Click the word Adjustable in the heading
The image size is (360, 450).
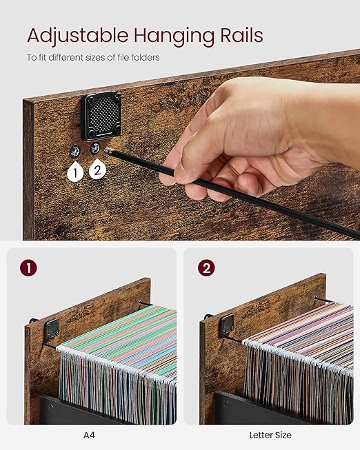77,36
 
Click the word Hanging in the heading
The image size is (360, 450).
174,37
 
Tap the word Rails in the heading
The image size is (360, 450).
241,35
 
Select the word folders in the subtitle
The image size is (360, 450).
145,57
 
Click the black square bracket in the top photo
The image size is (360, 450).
101,116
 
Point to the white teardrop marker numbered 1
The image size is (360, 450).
75,172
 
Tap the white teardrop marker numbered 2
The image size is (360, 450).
97,170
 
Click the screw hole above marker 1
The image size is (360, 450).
75,151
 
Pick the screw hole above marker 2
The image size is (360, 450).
95,147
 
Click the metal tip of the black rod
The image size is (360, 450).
108,151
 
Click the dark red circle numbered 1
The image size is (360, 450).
28,268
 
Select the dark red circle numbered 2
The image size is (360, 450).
206,268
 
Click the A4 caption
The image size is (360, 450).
89,435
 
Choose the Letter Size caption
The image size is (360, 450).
270,435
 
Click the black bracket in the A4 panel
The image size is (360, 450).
52,330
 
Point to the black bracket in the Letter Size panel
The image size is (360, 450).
226,326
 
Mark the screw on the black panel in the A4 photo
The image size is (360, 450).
51,407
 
